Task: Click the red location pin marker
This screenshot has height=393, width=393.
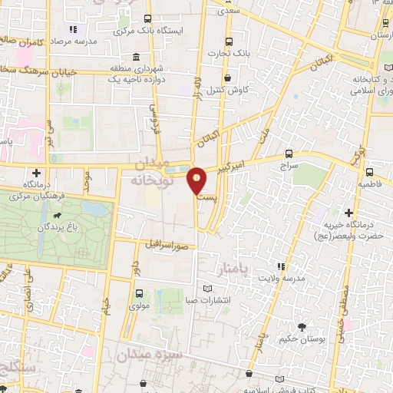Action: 197,181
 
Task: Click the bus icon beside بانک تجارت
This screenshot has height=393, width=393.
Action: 227,43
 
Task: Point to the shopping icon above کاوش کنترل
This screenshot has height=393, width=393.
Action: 228,78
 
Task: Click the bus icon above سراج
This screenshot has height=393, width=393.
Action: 289,154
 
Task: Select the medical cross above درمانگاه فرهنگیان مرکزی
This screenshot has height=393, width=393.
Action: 36,173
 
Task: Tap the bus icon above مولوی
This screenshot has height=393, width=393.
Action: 139,292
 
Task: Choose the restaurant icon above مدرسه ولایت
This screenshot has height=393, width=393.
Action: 282,266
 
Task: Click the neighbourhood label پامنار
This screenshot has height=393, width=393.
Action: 251,269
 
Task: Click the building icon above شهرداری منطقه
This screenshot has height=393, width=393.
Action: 136,57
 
